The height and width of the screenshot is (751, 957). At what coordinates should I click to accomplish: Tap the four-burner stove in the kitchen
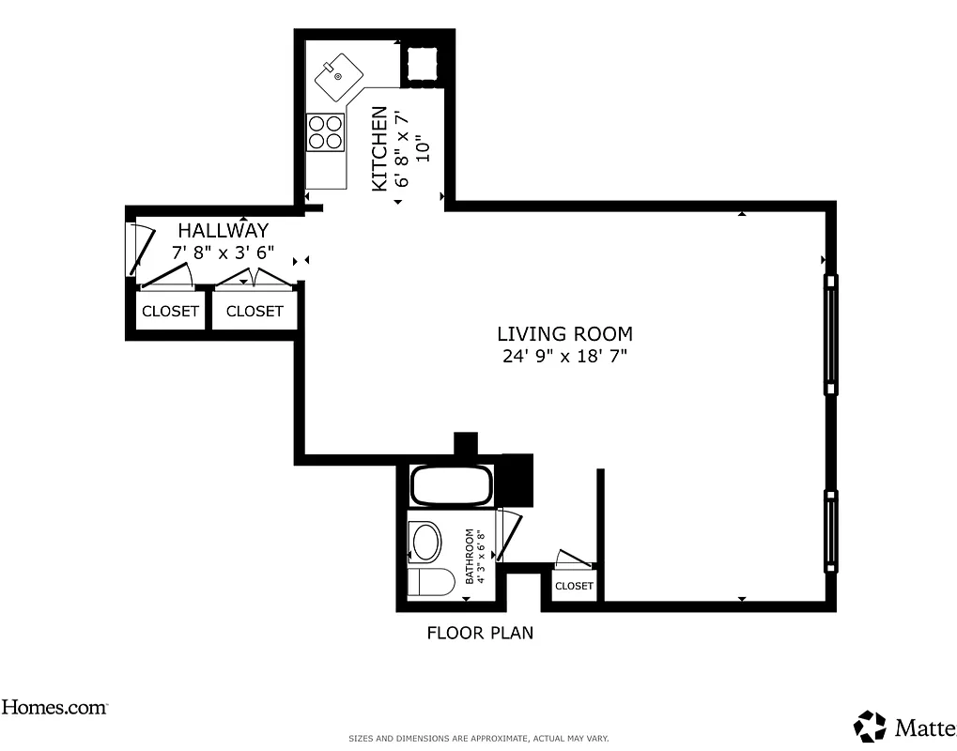click(x=325, y=130)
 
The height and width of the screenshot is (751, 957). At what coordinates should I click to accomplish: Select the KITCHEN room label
click(x=378, y=148)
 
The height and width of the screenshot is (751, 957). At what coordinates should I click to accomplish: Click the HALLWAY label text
click(x=224, y=230)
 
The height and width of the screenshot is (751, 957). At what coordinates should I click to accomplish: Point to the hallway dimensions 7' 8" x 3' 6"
click(x=223, y=253)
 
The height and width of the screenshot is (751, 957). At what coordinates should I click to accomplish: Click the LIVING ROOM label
click(x=564, y=333)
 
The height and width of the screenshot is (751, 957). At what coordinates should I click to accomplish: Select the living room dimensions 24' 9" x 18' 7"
click(x=563, y=356)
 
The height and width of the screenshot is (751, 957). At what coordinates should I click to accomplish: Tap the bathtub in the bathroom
click(x=452, y=486)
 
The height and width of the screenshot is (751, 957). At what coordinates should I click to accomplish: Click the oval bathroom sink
click(x=427, y=543)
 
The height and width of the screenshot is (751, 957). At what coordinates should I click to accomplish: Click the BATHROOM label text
click(x=470, y=556)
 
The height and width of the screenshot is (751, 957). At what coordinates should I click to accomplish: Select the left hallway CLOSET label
click(x=170, y=311)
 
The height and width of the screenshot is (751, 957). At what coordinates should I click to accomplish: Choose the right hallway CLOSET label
click(x=255, y=311)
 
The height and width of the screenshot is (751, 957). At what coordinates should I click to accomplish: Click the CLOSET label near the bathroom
click(x=574, y=586)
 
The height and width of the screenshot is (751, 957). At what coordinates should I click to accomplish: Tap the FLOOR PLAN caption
click(x=480, y=633)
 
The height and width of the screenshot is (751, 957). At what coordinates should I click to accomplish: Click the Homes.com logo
click(x=54, y=708)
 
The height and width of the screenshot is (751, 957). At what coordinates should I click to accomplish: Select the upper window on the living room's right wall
click(x=831, y=335)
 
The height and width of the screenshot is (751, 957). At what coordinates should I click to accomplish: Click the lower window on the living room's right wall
click(x=831, y=530)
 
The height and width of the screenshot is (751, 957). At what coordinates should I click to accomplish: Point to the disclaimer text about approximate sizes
click(x=479, y=739)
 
